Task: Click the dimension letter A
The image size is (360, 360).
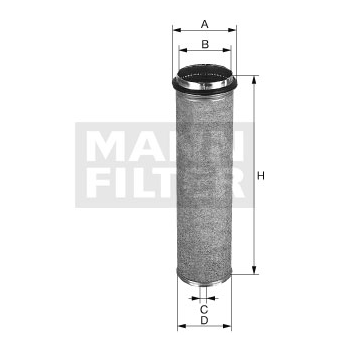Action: (205, 24)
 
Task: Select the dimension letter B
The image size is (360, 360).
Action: (205, 44)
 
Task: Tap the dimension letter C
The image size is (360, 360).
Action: (204, 309)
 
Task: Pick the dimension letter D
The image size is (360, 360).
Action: (204, 320)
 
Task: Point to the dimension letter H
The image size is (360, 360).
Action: (261, 176)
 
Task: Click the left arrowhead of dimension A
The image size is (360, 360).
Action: (177, 30)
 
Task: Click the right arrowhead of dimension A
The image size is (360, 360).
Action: (232, 30)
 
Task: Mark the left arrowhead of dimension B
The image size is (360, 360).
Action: (183, 50)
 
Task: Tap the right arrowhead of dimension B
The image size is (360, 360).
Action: (227, 50)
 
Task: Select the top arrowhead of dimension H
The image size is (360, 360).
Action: (254, 80)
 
